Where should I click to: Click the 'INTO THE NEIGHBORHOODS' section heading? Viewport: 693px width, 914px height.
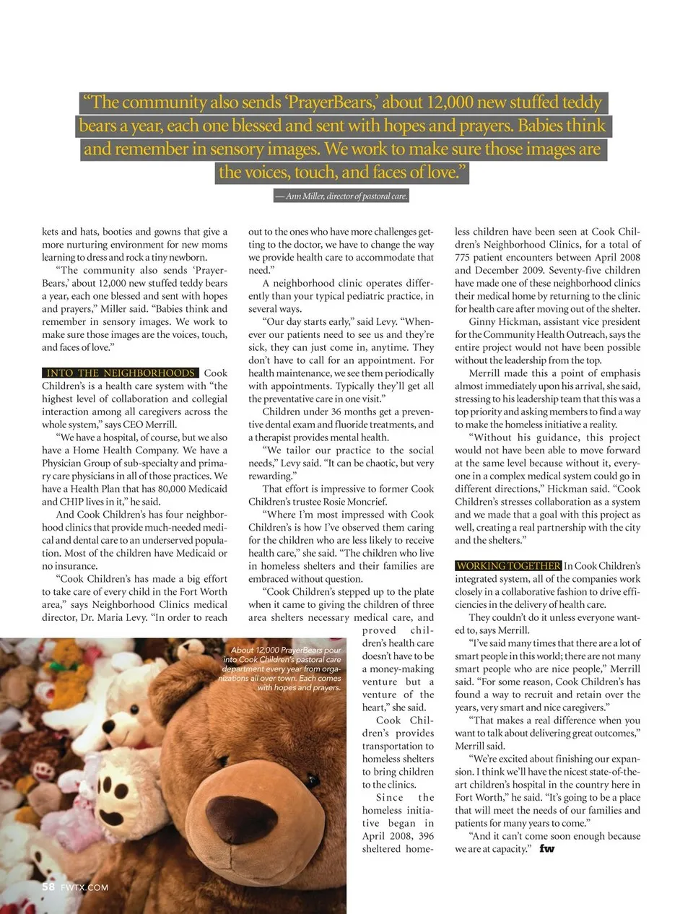pyautogui.click(x=121, y=373)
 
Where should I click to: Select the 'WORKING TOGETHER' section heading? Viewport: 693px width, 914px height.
pyautogui.click(x=508, y=566)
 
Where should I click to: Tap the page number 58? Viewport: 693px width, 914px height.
pyautogui.click(x=48, y=887)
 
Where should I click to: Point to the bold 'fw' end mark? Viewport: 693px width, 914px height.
pyautogui.click(x=547, y=849)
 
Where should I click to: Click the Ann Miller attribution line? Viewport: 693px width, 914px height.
pyautogui.click(x=341, y=196)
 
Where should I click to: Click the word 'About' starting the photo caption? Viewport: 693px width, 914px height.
pyautogui.click(x=243, y=650)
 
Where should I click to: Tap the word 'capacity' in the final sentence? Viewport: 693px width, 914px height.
pyautogui.click(x=508, y=849)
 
